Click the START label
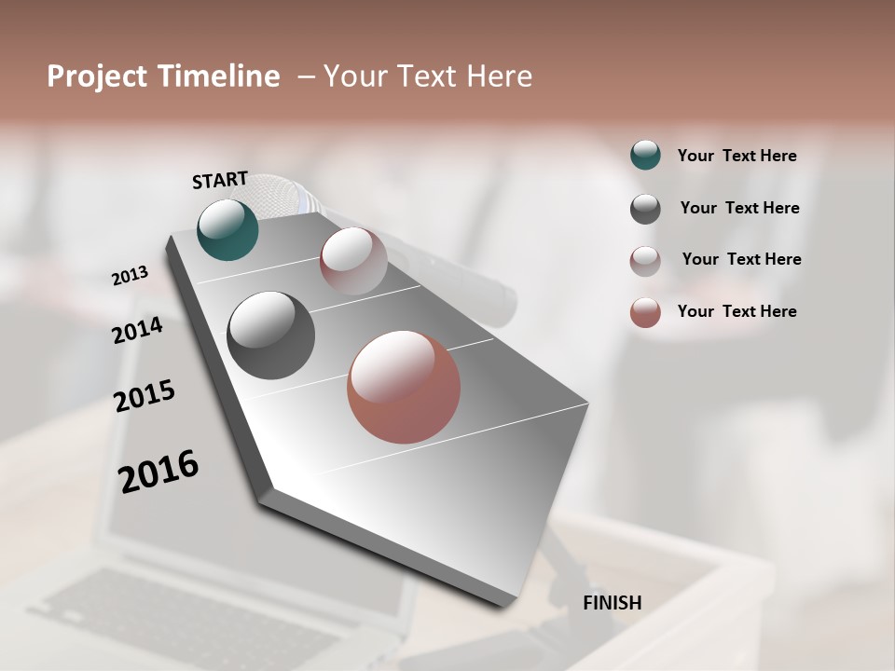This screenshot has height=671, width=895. [220, 180]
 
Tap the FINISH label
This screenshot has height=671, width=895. [612, 603]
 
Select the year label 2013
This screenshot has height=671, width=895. [130, 276]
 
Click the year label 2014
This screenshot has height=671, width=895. [137, 330]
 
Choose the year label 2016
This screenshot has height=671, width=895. [158, 472]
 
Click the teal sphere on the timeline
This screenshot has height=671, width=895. [227, 229]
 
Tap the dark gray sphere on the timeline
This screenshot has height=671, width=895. [270, 335]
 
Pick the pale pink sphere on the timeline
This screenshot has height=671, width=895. [353, 261]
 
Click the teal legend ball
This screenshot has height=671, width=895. [645, 155]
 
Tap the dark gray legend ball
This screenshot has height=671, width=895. [645, 209]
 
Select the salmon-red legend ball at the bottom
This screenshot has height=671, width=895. [645, 312]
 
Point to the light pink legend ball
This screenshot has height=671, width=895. [645, 261]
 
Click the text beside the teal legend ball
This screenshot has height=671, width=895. [737, 156]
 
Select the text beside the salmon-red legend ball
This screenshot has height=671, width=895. [737, 311]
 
